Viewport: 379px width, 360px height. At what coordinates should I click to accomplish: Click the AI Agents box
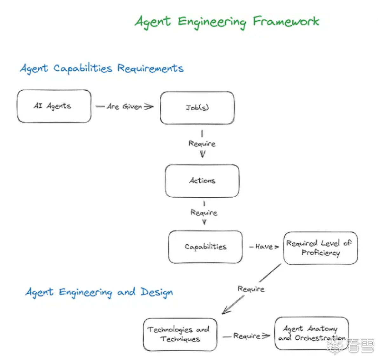(x=54, y=106)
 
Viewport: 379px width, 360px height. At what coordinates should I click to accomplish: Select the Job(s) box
(x=197, y=108)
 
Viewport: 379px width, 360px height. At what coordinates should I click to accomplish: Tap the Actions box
(x=202, y=181)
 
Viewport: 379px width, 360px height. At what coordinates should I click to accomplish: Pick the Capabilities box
(x=205, y=247)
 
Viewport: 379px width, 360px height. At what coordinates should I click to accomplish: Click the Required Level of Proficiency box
(x=320, y=248)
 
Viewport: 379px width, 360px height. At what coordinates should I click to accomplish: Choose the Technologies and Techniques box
(x=180, y=335)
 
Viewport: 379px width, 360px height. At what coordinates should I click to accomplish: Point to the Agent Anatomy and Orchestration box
(x=311, y=333)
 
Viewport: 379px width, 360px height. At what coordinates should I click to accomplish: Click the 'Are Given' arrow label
(x=124, y=106)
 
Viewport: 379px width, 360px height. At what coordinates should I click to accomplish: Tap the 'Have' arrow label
(x=264, y=247)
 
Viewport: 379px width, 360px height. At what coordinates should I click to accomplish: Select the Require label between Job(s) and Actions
(x=202, y=144)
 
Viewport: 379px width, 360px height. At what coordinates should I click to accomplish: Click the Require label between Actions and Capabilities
(x=204, y=213)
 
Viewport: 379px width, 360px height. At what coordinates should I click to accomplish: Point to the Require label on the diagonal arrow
(x=251, y=289)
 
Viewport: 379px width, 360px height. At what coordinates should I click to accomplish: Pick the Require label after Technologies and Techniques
(x=247, y=336)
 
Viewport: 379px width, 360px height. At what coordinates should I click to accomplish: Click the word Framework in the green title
(x=286, y=21)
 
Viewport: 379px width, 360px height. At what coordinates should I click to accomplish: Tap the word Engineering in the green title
(x=212, y=22)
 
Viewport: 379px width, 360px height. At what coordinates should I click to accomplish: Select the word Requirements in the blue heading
(x=150, y=68)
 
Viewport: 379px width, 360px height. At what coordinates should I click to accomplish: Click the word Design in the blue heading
(x=157, y=292)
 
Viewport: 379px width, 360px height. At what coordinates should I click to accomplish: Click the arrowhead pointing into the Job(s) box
(x=149, y=107)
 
